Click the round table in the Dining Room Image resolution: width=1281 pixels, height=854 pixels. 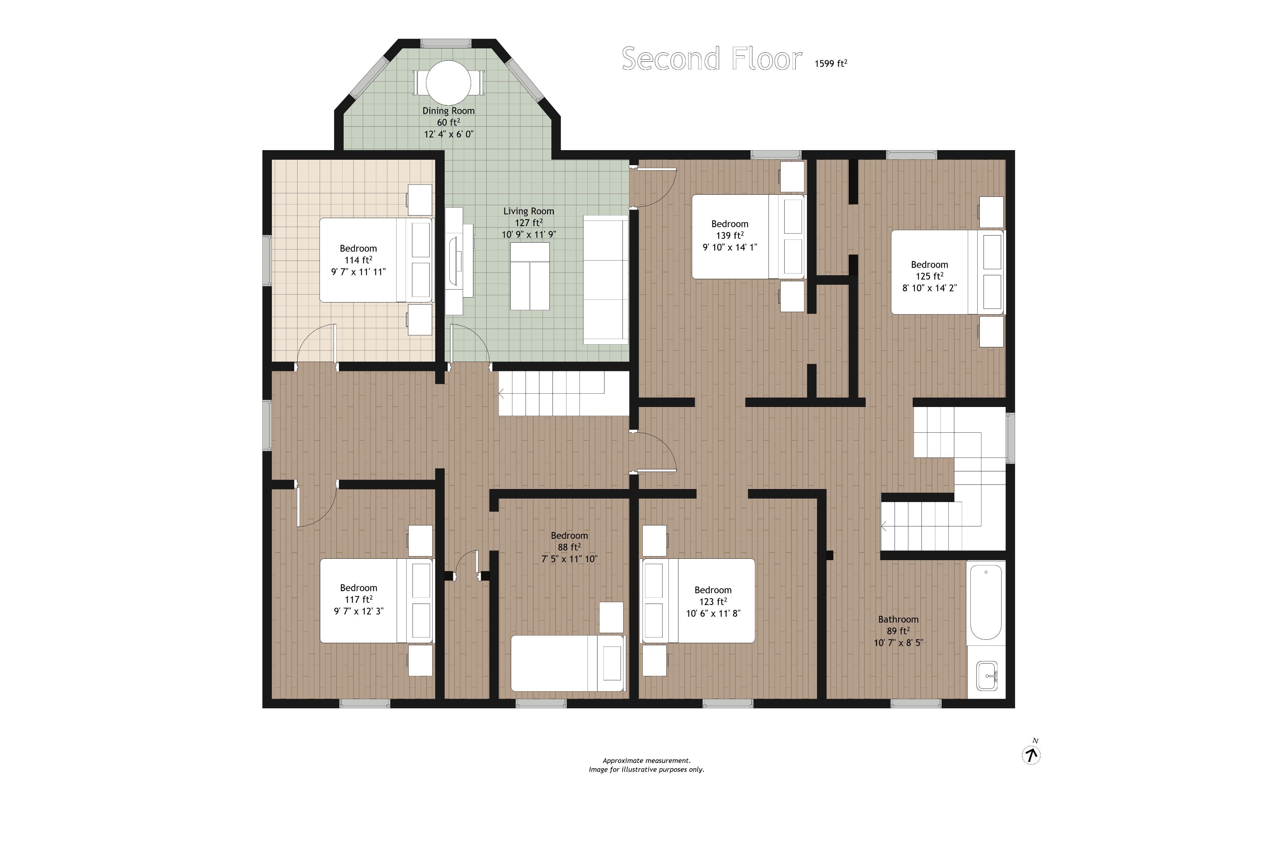pos(448,83)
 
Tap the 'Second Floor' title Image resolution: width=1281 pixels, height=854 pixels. pos(712,59)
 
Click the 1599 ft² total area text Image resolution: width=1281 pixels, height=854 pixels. pos(831,63)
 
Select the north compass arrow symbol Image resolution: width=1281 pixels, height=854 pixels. pos(1031,755)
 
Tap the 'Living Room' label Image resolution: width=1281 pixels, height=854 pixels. pos(528,211)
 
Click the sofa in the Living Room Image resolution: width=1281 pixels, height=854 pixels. pos(606,280)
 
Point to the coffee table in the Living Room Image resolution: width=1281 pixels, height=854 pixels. pos(529,276)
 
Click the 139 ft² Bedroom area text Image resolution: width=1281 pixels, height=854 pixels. pos(730,235)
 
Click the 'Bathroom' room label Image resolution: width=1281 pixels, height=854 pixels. pos(898,619)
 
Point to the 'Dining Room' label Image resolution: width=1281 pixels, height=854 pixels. pos(448,110)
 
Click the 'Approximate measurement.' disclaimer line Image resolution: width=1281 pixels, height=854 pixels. pos(647,760)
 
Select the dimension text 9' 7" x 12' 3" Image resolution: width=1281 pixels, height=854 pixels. pos(358,611)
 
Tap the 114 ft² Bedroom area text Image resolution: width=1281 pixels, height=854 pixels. pos(358,260)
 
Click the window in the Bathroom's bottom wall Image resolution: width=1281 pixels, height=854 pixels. pos(915,704)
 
